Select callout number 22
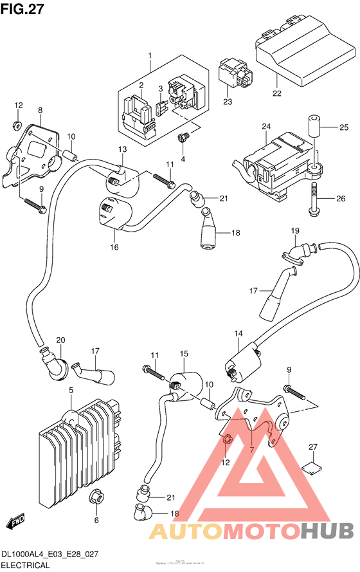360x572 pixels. pos(276,94)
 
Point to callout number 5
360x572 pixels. pos(71,390)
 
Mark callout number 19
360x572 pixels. pos(295,231)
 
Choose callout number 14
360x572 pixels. pos(239,333)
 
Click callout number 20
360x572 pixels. pos(61,340)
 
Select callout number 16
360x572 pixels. pos(114,246)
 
